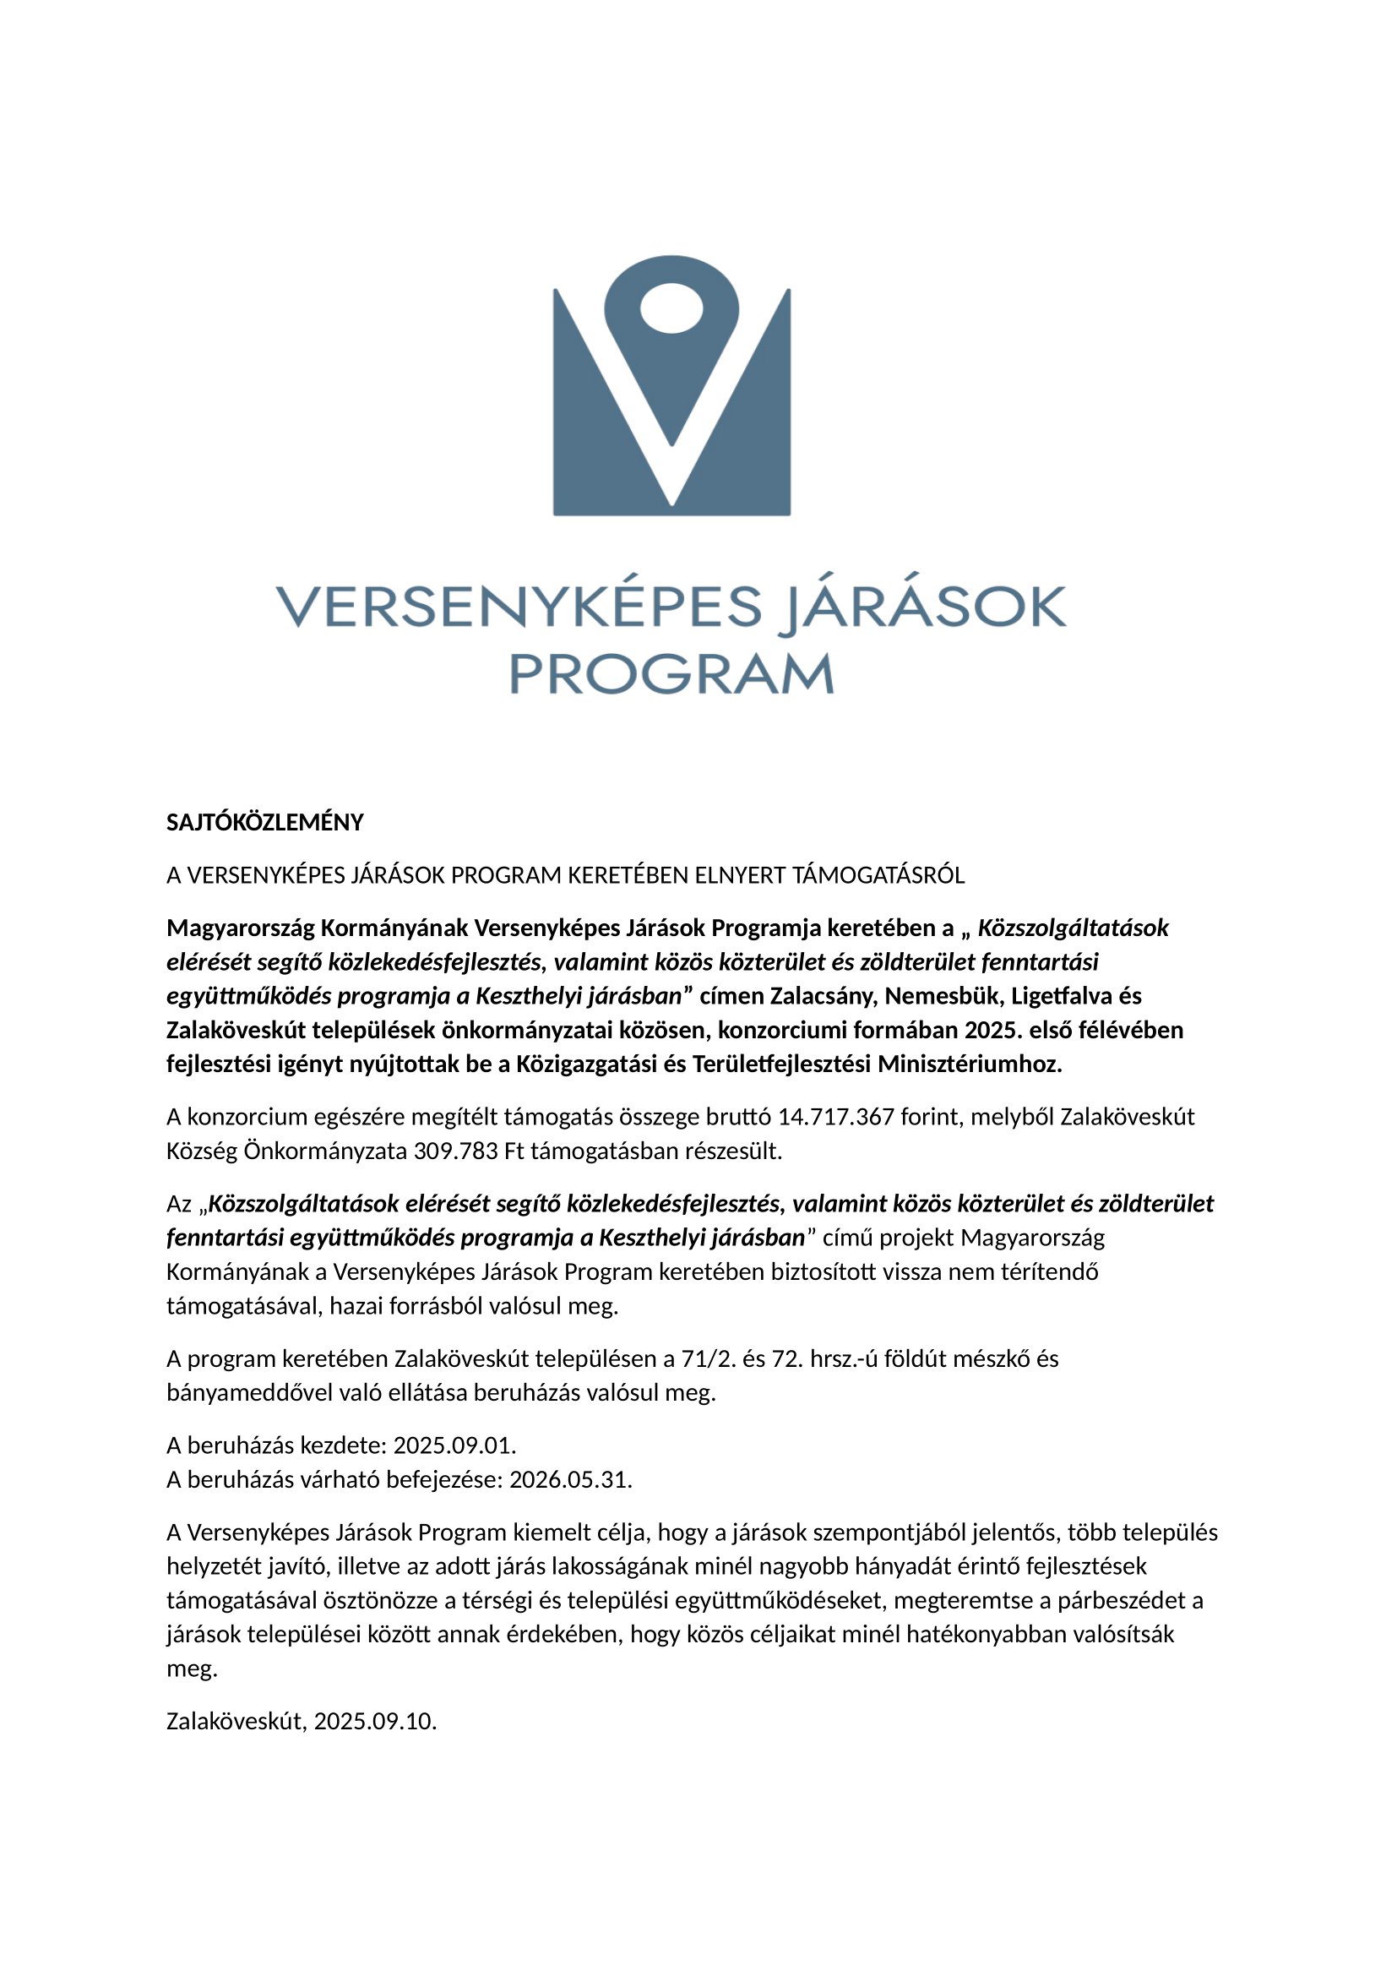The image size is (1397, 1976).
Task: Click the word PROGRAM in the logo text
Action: point(671,674)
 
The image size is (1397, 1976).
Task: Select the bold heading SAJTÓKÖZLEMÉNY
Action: point(265,823)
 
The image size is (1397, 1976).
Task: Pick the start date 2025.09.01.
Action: point(454,1445)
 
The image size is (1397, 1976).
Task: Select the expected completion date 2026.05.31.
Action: point(570,1479)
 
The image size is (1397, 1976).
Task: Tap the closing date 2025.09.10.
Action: point(375,1721)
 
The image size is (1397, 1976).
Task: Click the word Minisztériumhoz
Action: point(970,1064)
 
